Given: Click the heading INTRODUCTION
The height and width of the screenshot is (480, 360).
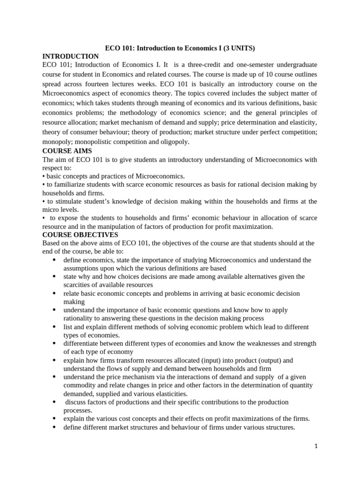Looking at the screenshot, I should [70, 56].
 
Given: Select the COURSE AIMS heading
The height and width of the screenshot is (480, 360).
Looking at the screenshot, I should [67, 151].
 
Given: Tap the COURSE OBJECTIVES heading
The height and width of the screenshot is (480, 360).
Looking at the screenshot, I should [80, 234].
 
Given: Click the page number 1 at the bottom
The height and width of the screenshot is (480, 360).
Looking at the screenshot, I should [316, 446].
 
